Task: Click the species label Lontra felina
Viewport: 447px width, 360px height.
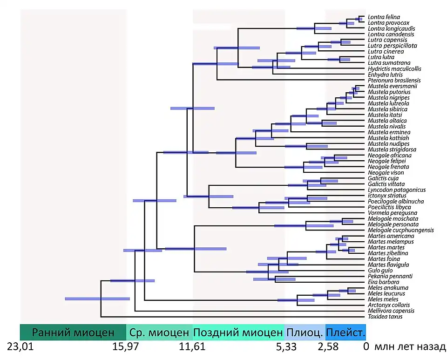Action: click(384, 17)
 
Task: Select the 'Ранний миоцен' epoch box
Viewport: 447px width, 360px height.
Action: click(73, 333)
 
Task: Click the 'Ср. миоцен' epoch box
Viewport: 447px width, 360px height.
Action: click(159, 333)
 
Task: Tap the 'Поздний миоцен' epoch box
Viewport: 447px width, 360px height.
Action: click(238, 333)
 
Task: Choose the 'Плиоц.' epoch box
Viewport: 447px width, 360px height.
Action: click(305, 333)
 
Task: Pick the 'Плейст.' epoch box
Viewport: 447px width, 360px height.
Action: click(345, 333)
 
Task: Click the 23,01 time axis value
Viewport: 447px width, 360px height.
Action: click(20, 347)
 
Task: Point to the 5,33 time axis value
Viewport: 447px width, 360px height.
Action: click(284, 347)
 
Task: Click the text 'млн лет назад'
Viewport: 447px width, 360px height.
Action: click(410, 347)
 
